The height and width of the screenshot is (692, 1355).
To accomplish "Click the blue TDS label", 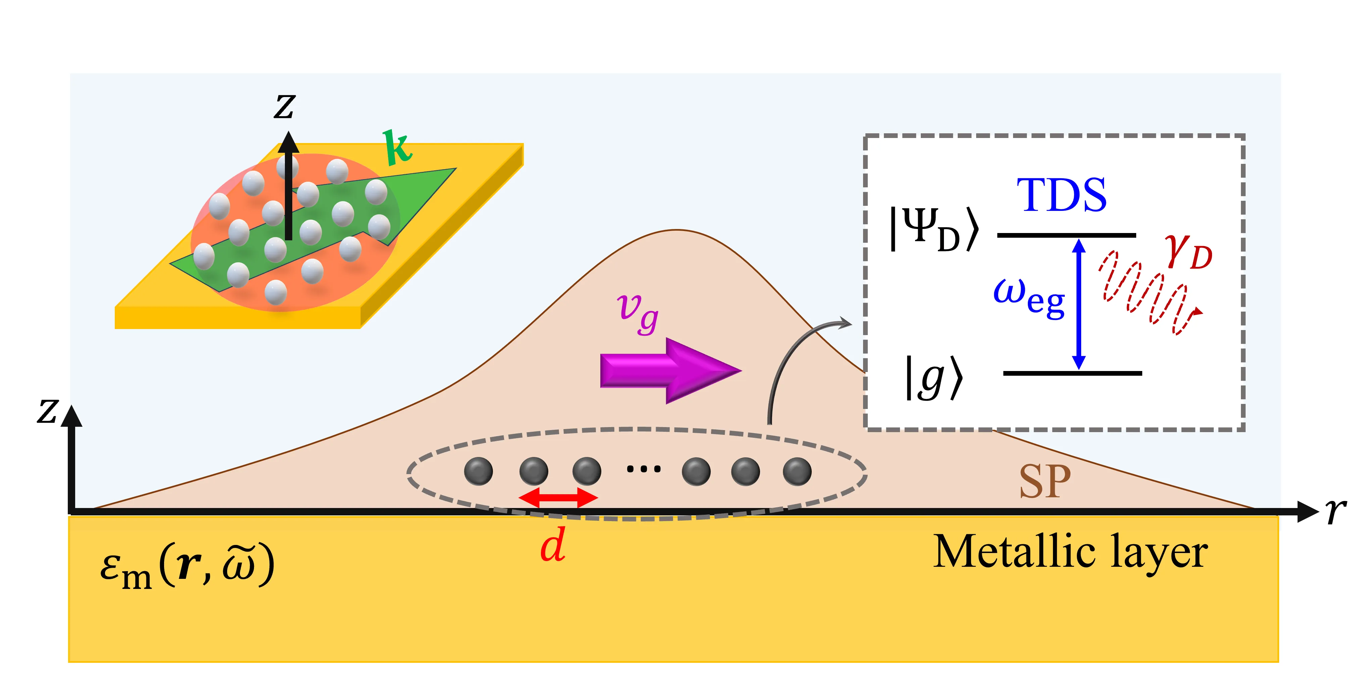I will pyautogui.click(x=1061, y=195).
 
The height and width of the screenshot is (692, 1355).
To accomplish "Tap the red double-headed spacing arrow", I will pyautogui.click(x=558, y=497).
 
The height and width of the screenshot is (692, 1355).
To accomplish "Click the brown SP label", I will pyautogui.click(x=1045, y=482).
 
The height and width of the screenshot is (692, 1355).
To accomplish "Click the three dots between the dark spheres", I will pyautogui.click(x=643, y=468).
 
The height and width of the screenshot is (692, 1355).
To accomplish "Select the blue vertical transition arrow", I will pyautogui.click(x=1079, y=304).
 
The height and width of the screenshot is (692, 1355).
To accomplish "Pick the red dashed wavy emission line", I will pyautogui.click(x=1147, y=292).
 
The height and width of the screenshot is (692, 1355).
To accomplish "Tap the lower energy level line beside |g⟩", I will pyautogui.click(x=1073, y=373).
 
